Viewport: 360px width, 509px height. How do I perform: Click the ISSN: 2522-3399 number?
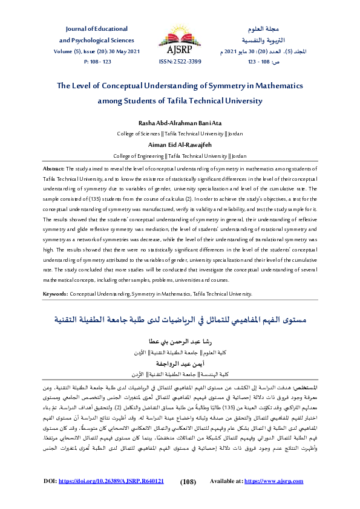click(x=179, y=61)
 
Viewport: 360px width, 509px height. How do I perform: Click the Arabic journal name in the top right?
click(x=261, y=29)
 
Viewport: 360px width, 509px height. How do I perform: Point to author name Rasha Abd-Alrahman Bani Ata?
click(x=180, y=123)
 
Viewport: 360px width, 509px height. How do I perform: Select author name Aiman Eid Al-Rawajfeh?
click(x=180, y=145)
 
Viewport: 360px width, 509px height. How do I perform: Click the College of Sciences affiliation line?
click(x=180, y=133)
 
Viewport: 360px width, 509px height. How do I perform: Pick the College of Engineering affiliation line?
click(x=180, y=155)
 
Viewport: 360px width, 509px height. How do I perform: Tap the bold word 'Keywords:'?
click(x=55, y=293)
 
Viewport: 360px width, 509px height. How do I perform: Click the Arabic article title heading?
click(x=180, y=319)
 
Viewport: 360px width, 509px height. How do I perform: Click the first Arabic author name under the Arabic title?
click(x=180, y=342)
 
